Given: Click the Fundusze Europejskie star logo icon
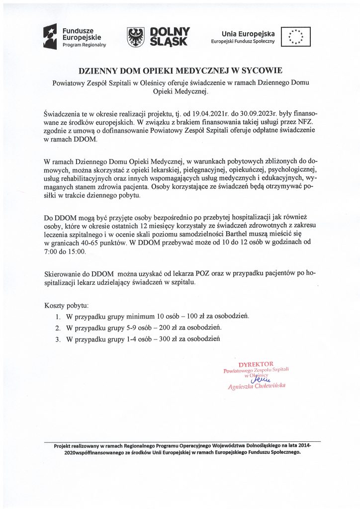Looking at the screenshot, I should click(52, 38).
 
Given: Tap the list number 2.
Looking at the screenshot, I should click(58, 328).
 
